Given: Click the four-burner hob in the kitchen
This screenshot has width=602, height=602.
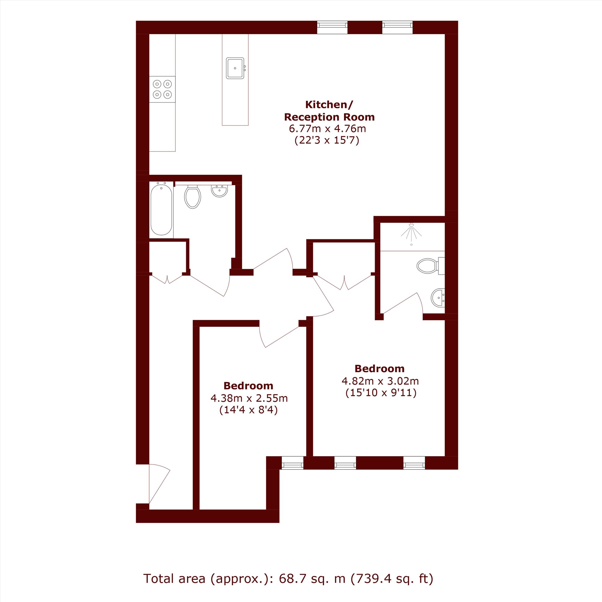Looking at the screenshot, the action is click(x=162, y=89).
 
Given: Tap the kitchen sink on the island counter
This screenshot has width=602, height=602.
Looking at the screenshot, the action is click(x=236, y=68).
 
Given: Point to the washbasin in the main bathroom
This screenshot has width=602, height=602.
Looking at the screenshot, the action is click(x=219, y=191).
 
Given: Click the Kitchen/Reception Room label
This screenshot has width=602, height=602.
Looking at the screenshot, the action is click(x=329, y=110).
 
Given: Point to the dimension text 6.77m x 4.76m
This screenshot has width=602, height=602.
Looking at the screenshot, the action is click(x=327, y=129).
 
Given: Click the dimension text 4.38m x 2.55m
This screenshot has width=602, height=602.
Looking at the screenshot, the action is click(x=249, y=398).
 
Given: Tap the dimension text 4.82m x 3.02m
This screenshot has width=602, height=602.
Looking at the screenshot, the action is click(x=380, y=381).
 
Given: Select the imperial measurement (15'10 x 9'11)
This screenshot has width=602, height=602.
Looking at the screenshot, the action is click(x=381, y=393).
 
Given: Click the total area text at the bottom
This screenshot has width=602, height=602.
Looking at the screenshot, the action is click(x=288, y=579).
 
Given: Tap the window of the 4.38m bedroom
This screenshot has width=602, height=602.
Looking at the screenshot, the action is click(x=292, y=463).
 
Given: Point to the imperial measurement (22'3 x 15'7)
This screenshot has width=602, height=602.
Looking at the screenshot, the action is click(x=327, y=141).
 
